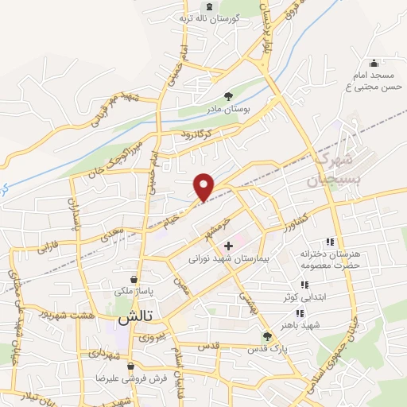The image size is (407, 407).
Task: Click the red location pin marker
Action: [204, 186]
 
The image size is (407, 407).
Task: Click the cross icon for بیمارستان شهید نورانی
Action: [229, 246]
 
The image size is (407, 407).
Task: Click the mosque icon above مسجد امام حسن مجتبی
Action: [374, 64]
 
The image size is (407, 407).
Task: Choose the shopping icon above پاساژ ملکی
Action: [133, 279]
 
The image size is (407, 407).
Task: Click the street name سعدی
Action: [111, 234]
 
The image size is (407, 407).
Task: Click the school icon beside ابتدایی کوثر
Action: [303, 285]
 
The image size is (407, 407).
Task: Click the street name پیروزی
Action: [152, 337]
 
